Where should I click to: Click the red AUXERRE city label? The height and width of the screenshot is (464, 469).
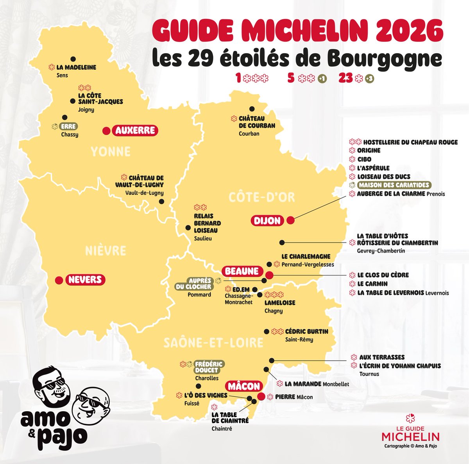[x=135, y=130]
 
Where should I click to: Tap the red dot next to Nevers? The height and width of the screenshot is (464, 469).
[x=59, y=280]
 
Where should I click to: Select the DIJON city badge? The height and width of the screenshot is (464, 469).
[x=267, y=221]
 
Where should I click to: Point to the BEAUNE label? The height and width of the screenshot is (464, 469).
[x=242, y=271]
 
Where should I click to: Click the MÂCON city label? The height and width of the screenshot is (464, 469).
[x=243, y=386]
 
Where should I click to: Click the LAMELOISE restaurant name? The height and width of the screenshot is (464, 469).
[x=280, y=303]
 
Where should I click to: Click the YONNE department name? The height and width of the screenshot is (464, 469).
[x=111, y=151]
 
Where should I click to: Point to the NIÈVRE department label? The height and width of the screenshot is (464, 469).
[x=106, y=251]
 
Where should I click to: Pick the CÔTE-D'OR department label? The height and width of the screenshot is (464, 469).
[x=261, y=197]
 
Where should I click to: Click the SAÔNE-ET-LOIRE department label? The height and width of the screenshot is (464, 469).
[x=213, y=343]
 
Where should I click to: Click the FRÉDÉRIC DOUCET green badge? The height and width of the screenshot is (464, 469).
[x=209, y=367]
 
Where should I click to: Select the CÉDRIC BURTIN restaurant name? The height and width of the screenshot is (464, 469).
[x=306, y=331]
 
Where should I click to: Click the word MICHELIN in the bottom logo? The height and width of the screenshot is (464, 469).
[x=410, y=437]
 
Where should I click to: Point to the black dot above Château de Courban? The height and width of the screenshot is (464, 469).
[x=252, y=109]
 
